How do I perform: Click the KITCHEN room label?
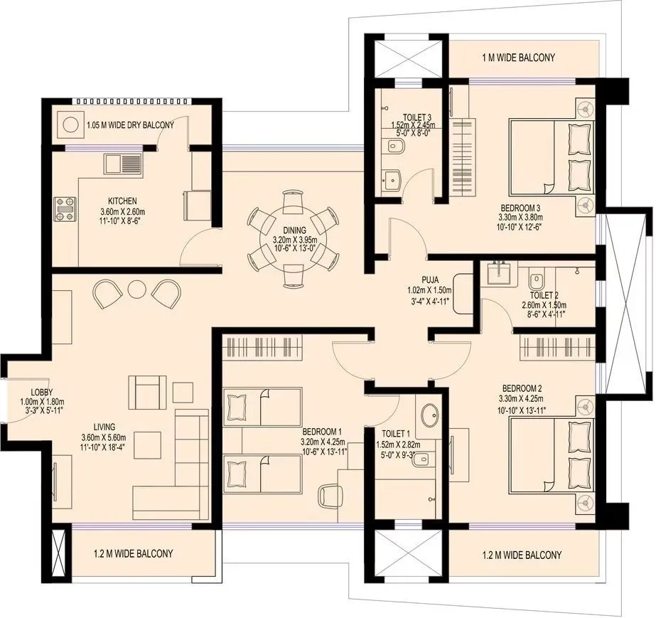(x=122, y=201)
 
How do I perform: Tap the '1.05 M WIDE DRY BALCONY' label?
(x=129, y=126)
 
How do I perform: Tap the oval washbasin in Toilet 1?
(x=429, y=415)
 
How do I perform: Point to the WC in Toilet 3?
(x=395, y=147)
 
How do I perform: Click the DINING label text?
(x=294, y=230)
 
